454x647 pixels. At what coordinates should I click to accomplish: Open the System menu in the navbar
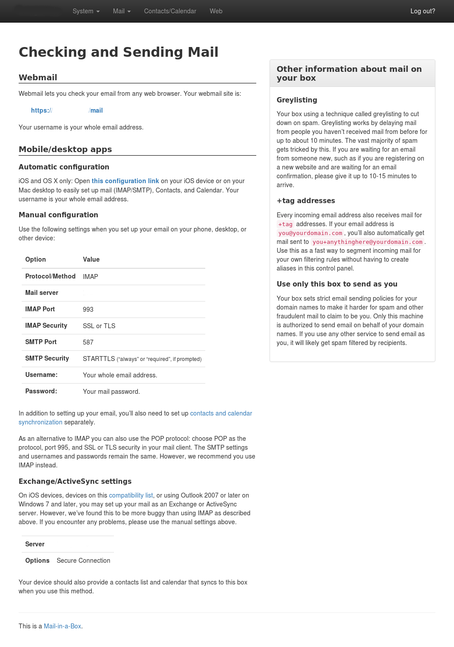pos(86,11)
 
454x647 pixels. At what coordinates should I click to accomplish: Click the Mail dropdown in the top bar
pos(121,11)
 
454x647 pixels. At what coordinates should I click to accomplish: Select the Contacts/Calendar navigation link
pos(170,11)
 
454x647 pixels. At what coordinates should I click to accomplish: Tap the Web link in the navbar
pos(216,11)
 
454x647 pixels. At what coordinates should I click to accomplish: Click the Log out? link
pos(423,11)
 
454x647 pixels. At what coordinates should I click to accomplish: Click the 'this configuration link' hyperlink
pos(125,181)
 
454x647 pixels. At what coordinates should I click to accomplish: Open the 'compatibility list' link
pos(131,495)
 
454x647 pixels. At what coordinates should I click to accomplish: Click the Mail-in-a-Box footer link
pos(63,626)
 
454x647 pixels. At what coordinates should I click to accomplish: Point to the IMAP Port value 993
pos(88,310)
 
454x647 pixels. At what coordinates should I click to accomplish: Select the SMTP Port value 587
pos(88,342)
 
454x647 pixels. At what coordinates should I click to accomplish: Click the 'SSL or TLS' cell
pos(99,326)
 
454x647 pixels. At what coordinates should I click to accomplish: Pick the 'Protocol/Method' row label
pos(50,276)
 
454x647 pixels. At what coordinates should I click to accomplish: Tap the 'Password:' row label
pos(41,391)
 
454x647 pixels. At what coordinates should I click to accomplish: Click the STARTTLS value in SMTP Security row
pos(99,359)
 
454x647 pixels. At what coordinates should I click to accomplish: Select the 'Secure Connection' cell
pos(83,561)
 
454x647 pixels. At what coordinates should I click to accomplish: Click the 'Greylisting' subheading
pos(297,100)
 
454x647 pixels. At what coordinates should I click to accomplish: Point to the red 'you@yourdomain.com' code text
pos(310,233)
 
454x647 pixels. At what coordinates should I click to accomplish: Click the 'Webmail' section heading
pos(38,78)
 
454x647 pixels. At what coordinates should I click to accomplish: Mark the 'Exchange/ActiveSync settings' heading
pos(75,482)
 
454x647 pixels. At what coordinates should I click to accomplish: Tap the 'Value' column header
pos(91,259)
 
